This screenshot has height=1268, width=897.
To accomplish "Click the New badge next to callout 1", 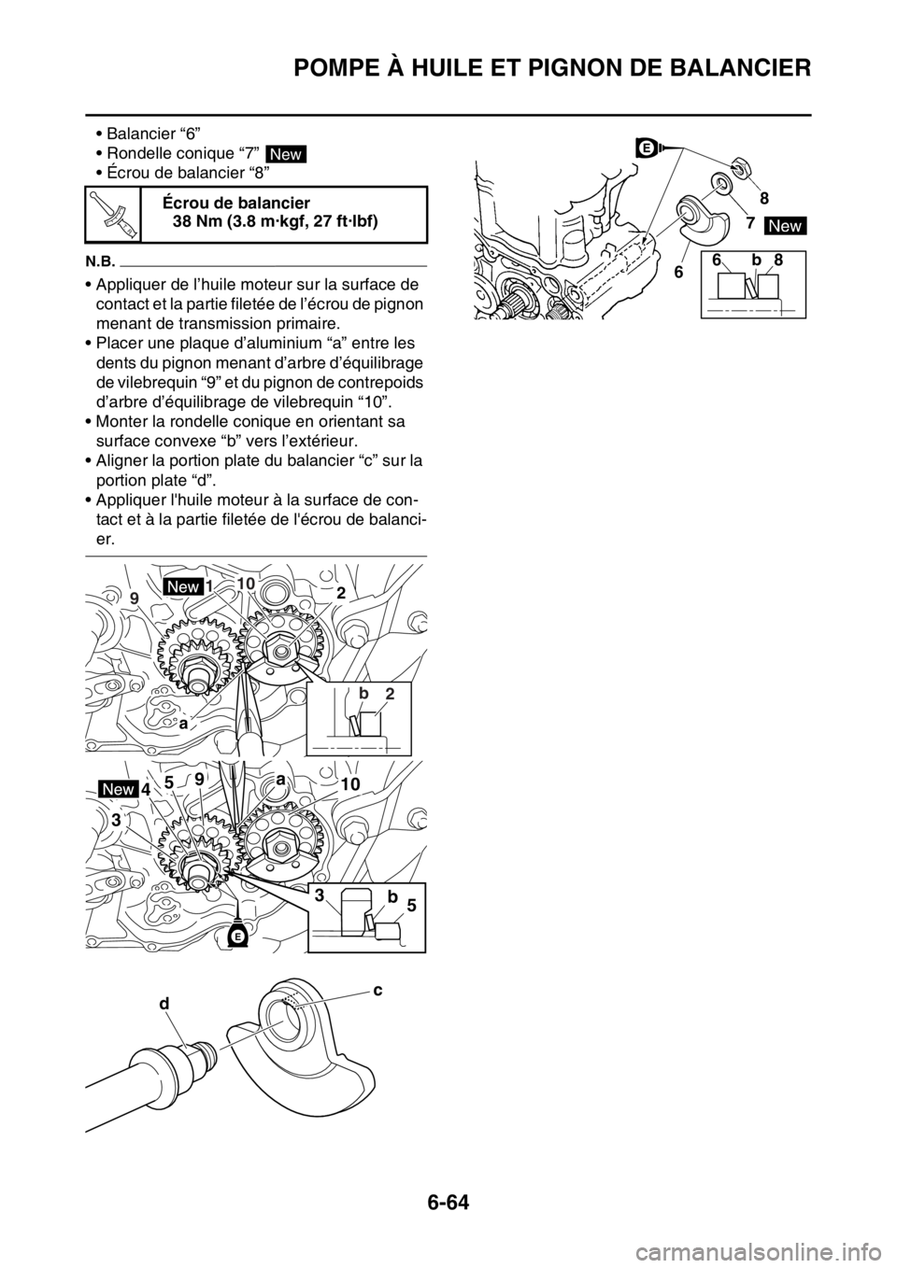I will click(x=182, y=585).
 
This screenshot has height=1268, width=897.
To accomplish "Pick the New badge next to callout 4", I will click(x=119, y=789).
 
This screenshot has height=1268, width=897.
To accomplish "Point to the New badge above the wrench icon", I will click(x=286, y=154).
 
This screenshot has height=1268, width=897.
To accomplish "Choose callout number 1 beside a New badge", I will click(x=212, y=585).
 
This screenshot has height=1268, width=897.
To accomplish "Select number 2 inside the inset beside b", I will click(x=390, y=692).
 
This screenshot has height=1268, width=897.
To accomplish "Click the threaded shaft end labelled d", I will click(x=201, y=1045).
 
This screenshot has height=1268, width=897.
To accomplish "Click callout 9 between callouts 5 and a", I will click(x=200, y=778).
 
